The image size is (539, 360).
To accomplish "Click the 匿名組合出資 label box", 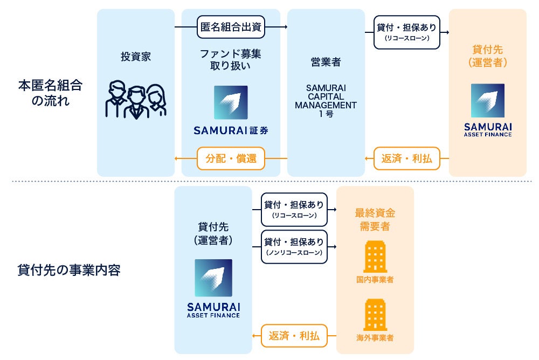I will pos(231,26).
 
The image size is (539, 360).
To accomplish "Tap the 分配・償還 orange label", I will pos(231,158).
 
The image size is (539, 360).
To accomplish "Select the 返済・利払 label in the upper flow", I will pos(407,158).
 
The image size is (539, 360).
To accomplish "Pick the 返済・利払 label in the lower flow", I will pos(294,336).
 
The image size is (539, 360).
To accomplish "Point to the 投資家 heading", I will pos(136,57).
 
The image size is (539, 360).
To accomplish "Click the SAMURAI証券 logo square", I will pos(231,102).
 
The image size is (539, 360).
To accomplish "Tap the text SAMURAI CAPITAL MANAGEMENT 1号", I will pos(326,100).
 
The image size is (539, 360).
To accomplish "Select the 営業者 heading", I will pos(326,62).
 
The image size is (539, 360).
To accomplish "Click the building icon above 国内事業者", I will pos(375,256).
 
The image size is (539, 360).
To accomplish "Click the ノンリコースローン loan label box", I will pos(294,247).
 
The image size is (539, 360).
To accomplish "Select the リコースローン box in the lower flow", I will pos(294,210).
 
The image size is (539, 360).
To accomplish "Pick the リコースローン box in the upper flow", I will pos(407,32).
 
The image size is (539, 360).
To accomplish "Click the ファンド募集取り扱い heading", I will pos(231,60).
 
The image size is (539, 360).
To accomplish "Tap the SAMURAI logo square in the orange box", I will pos(488,101).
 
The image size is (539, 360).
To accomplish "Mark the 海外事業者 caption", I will pos(375,338).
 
